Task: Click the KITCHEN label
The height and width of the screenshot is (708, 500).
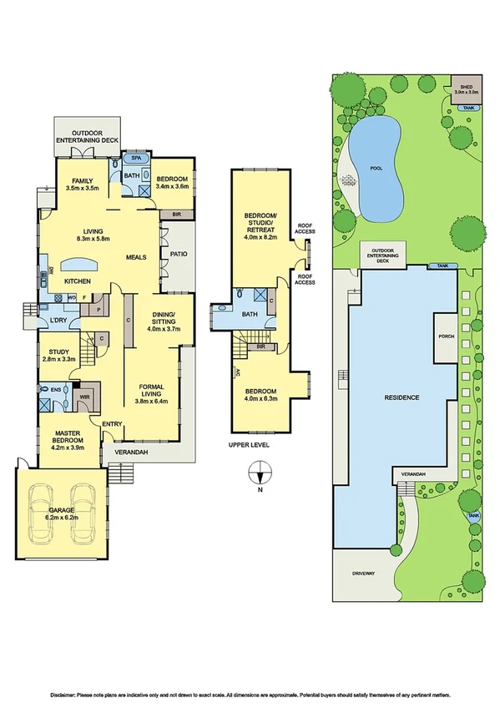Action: tap(78, 281)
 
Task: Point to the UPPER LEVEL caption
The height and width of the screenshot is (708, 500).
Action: tap(249, 445)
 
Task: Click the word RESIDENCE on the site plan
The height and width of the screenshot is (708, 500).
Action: tap(402, 397)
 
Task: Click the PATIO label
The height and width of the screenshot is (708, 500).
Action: tap(177, 254)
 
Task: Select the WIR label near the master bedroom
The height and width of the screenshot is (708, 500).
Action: tap(84, 396)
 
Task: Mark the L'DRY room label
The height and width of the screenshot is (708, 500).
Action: tap(58, 321)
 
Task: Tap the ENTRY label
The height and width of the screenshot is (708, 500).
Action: tap(112, 424)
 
